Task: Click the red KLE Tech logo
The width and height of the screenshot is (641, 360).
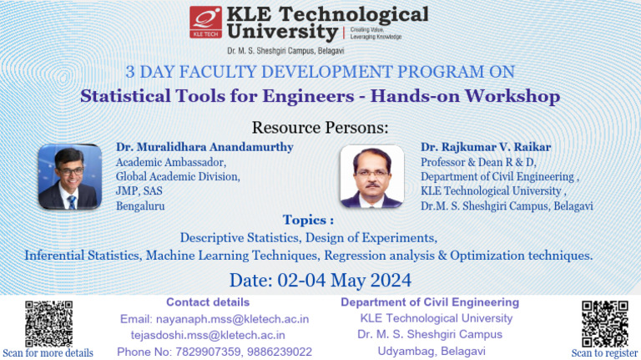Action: pos(205,22)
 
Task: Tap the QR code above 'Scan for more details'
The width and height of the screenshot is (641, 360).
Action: pos(48,323)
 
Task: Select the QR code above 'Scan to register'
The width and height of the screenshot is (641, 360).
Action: pos(604,323)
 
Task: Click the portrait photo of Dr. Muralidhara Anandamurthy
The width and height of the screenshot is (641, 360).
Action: pos(70,177)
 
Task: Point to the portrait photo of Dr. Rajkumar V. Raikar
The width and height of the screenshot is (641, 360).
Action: pos(372,176)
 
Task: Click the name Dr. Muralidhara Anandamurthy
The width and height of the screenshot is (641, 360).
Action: pos(204,147)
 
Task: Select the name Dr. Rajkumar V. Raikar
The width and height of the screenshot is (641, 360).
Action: pos(486,147)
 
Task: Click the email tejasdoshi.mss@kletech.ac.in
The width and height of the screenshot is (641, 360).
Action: pos(208,336)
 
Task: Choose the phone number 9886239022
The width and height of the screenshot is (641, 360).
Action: pos(280,352)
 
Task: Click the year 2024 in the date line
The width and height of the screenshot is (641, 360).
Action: pos(391,281)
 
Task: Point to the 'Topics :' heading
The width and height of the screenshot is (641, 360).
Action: pos(308,220)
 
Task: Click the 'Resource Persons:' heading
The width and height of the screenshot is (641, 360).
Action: pos(320,128)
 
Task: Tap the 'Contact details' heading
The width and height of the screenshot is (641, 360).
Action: pos(208,302)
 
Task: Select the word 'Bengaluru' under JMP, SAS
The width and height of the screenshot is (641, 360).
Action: pos(140,205)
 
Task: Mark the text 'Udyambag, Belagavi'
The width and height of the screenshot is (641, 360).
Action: pos(432,352)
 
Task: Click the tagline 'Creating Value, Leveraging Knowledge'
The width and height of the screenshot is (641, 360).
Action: pos(376,33)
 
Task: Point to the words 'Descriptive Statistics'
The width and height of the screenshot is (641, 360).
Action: pos(240,238)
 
